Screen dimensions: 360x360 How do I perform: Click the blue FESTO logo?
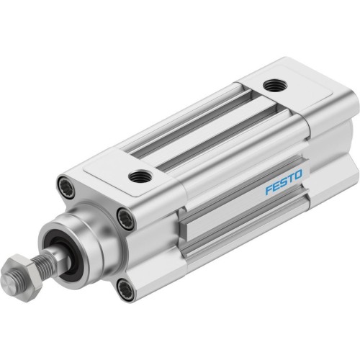[284, 182]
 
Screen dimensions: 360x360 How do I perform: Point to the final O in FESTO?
[299, 174]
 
